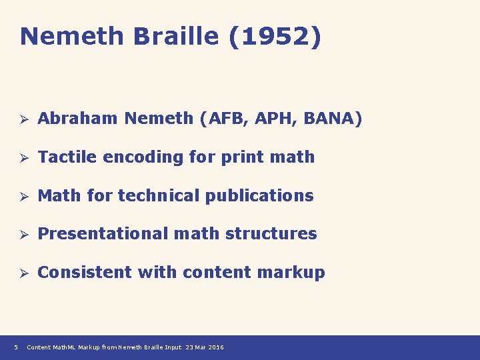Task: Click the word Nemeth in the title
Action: [x=73, y=37]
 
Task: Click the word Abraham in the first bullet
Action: [x=79, y=119]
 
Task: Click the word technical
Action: [x=158, y=195]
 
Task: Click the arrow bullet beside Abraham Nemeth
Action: [x=22, y=119]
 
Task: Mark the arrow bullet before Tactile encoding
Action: [x=22, y=158]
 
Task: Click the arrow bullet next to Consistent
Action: [x=22, y=273]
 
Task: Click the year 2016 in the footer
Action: [x=216, y=347]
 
